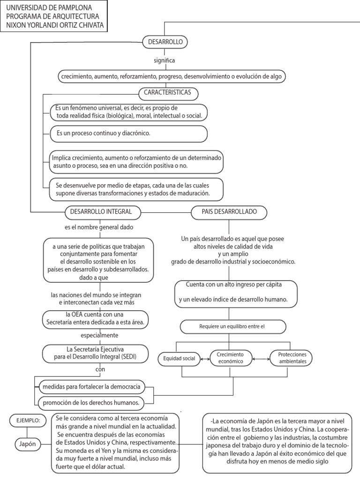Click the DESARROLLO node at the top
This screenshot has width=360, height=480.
click(165, 42)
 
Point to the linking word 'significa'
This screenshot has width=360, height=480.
click(165, 60)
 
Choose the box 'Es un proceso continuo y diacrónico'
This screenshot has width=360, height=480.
click(129, 134)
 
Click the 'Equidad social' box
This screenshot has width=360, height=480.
click(179, 359)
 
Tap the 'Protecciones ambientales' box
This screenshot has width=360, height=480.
click(291, 358)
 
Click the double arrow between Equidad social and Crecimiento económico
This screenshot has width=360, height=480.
click(204, 359)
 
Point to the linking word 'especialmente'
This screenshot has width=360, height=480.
click(99, 336)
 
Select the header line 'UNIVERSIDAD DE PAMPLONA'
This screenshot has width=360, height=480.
click(49, 8)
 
